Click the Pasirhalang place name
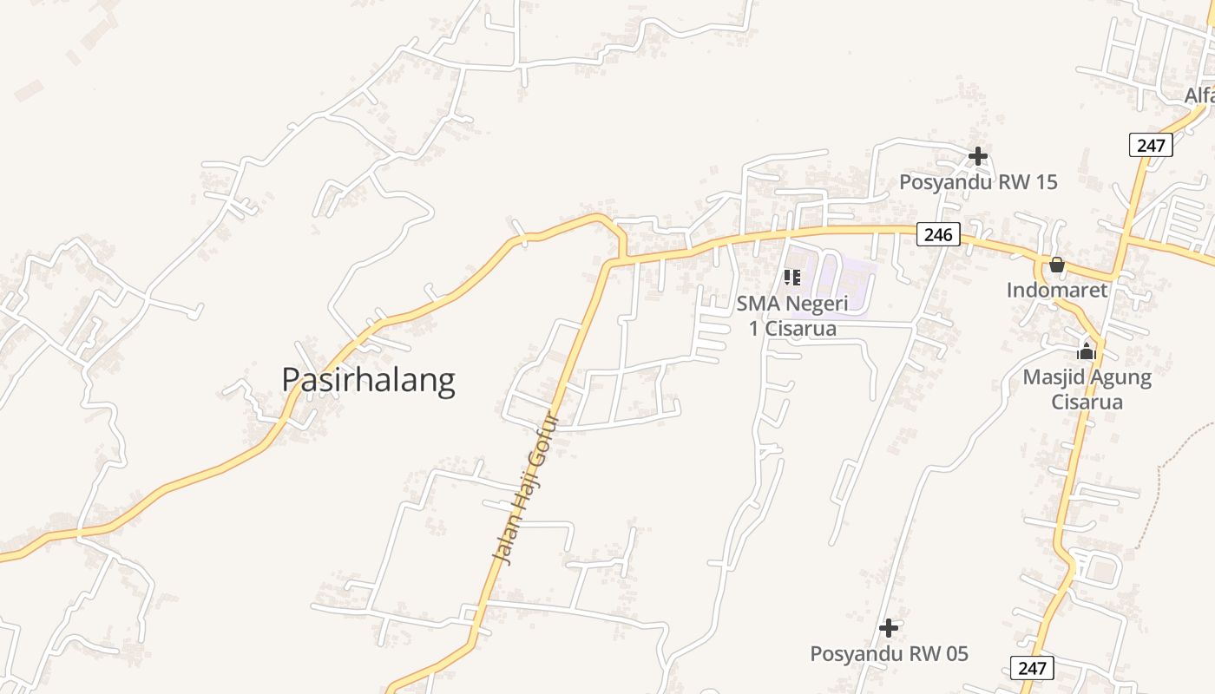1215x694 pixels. [x=368, y=380]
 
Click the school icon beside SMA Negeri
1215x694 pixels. [x=791, y=278]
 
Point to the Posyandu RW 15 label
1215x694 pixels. [x=978, y=182]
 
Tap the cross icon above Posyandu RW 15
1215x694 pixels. [x=978, y=156]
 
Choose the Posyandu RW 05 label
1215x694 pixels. [x=889, y=653]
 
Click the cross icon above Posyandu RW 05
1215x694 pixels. [x=889, y=627]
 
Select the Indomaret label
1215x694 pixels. [x=1057, y=290]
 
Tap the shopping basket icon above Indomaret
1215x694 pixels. [x=1057, y=265]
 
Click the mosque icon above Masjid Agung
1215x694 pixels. [x=1087, y=352]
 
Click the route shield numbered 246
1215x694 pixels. [x=938, y=234]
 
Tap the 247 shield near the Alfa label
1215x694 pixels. [x=1151, y=145]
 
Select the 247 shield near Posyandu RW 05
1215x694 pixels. [x=1032, y=668]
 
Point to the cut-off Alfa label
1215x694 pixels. [x=1199, y=95]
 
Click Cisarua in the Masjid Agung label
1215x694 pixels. [x=1087, y=402]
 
